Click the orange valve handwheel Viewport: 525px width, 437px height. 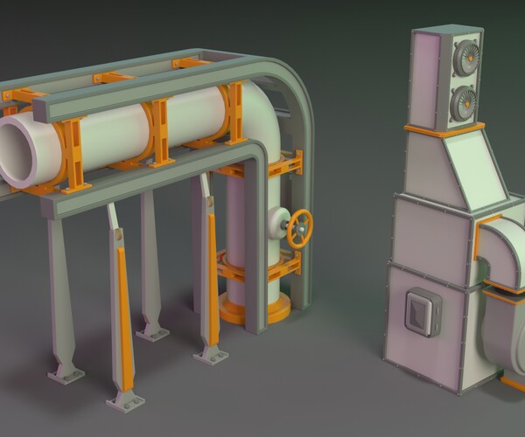click(x=299, y=227)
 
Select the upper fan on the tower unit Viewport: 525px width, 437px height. click(x=463, y=60)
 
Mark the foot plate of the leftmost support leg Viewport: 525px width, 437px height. click(x=66, y=375)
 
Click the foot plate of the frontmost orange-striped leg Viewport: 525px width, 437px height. click(x=125, y=401)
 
